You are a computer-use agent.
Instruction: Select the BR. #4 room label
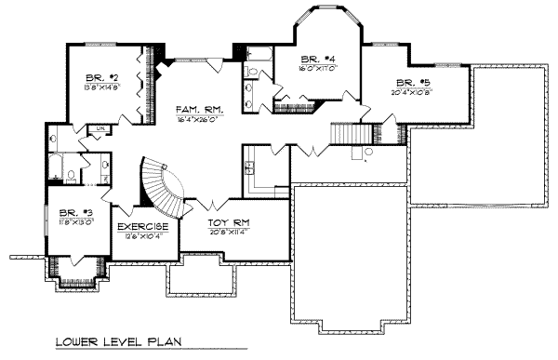[x=320, y=59]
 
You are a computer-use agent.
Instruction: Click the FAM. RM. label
[x=196, y=109]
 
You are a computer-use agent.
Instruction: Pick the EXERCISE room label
[x=141, y=226]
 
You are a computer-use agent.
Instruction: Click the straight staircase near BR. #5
[x=346, y=133]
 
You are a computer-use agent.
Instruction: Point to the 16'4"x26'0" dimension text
[x=196, y=120]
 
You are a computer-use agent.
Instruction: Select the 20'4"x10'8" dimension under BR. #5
[x=410, y=92]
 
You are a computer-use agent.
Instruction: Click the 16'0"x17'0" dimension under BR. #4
[x=320, y=69]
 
